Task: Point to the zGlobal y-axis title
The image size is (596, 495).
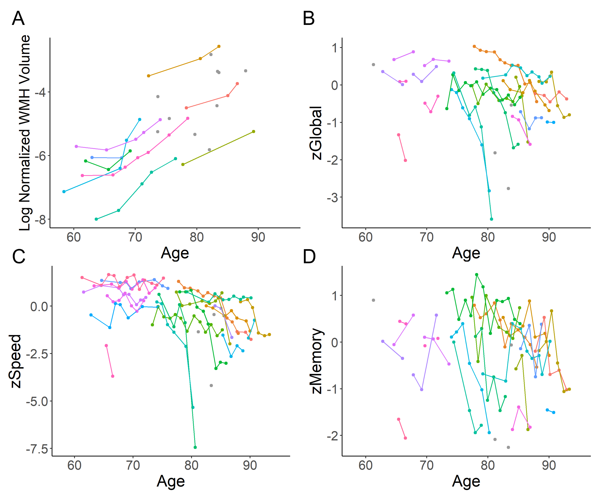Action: [x=316, y=133]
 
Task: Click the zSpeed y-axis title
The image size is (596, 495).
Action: [x=15, y=361]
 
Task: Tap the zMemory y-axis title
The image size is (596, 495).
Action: [x=316, y=361]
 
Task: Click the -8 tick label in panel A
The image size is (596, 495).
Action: [x=40, y=220]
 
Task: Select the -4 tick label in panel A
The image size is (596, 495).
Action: [x=40, y=92]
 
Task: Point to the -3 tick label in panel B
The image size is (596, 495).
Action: [x=332, y=197]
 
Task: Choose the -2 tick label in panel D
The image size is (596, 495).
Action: [x=332, y=436]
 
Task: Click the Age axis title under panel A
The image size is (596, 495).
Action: [x=175, y=253]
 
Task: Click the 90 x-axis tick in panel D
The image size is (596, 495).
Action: [x=549, y=465]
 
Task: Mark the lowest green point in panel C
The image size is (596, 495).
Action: [x=195, y=447]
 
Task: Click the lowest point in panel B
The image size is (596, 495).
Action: [x=492, y=219]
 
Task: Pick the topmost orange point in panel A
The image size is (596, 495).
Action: [x=219, y=46]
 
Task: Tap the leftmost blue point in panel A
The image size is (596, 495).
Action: [x=64, y=192]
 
